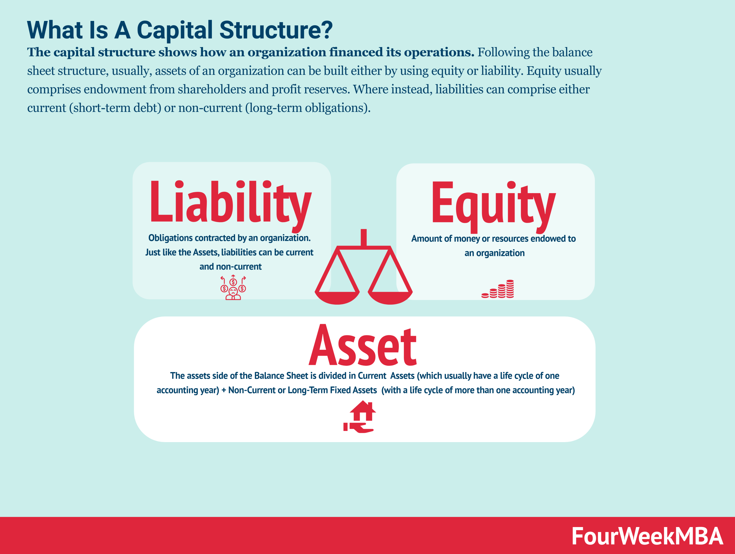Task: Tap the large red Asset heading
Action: pos(363,345)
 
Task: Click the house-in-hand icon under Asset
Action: pos(360,417)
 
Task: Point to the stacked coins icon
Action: pos(498,289)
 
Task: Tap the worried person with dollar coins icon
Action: pos(233,287)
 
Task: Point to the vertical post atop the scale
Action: pos(364,238)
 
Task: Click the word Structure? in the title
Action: pos(276,30)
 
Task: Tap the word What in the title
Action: pos(55,30)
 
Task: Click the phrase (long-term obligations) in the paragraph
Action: pos(308,108)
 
